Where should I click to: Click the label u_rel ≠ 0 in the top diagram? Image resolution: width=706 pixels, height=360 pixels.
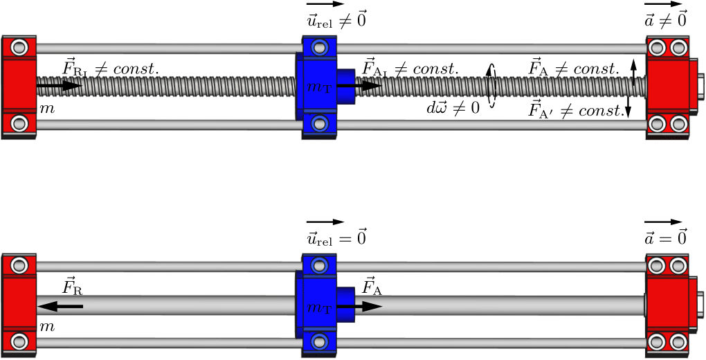(x=336, y=20)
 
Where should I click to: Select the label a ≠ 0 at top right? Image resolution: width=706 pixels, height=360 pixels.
(x=665, y=20)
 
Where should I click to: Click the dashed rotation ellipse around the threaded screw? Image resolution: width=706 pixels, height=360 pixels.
(x=491, y=86)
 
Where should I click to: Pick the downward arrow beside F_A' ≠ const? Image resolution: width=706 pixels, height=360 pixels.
(x=628, y=104)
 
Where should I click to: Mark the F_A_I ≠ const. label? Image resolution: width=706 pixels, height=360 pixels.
(x=410, y=69)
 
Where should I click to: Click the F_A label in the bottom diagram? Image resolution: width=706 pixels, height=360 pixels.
(x=372, y=286)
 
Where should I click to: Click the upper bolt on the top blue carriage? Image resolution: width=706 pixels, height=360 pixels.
(x=319, y=48)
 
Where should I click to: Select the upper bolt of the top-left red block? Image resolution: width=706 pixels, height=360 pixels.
(x=19, y=48)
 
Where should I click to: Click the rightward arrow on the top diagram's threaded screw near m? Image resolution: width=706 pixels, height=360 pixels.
(x=59, y=86)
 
